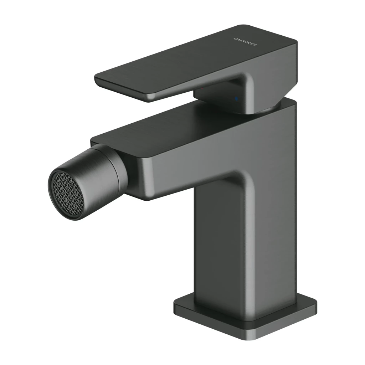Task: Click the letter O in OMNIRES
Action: click(235, 38)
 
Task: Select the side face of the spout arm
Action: click(178, 171)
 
